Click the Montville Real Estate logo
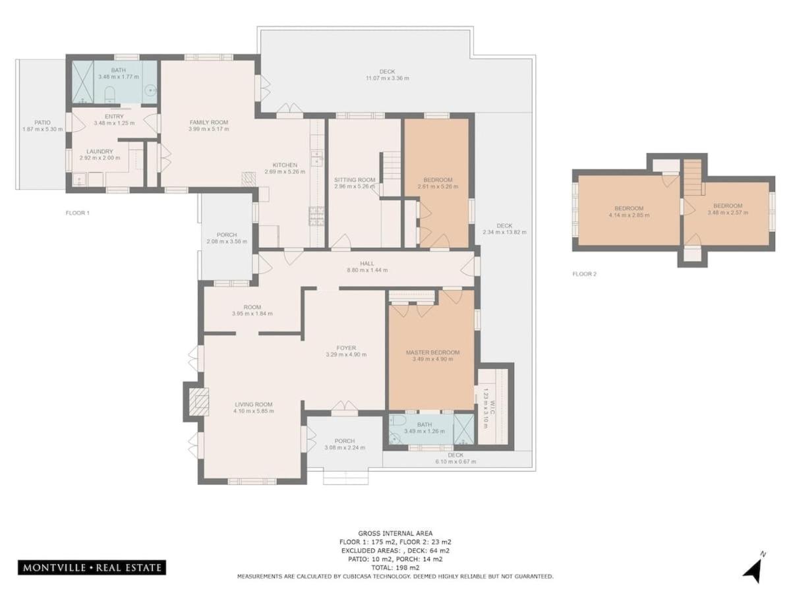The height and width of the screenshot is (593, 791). [x=92, y=568]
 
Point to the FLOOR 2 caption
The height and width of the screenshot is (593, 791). [x=584, y=273]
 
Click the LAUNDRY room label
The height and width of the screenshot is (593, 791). [x=100, y=152]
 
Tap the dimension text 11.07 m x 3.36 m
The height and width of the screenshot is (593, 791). [x=387, y=78]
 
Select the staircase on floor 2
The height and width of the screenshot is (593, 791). [x=693, y=177]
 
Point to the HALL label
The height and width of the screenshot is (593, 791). [x=366, y=263]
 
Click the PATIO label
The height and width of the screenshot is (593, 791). [x=43, y=123]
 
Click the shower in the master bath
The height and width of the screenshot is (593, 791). [x=464, y=429]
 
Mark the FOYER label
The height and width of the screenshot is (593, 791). [x=346, y=347]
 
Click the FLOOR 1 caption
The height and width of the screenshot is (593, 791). [x=78, y=212]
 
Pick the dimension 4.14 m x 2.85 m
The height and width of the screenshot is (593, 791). [x=629, y=215]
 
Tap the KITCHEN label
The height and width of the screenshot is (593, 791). [x=285, y=165]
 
